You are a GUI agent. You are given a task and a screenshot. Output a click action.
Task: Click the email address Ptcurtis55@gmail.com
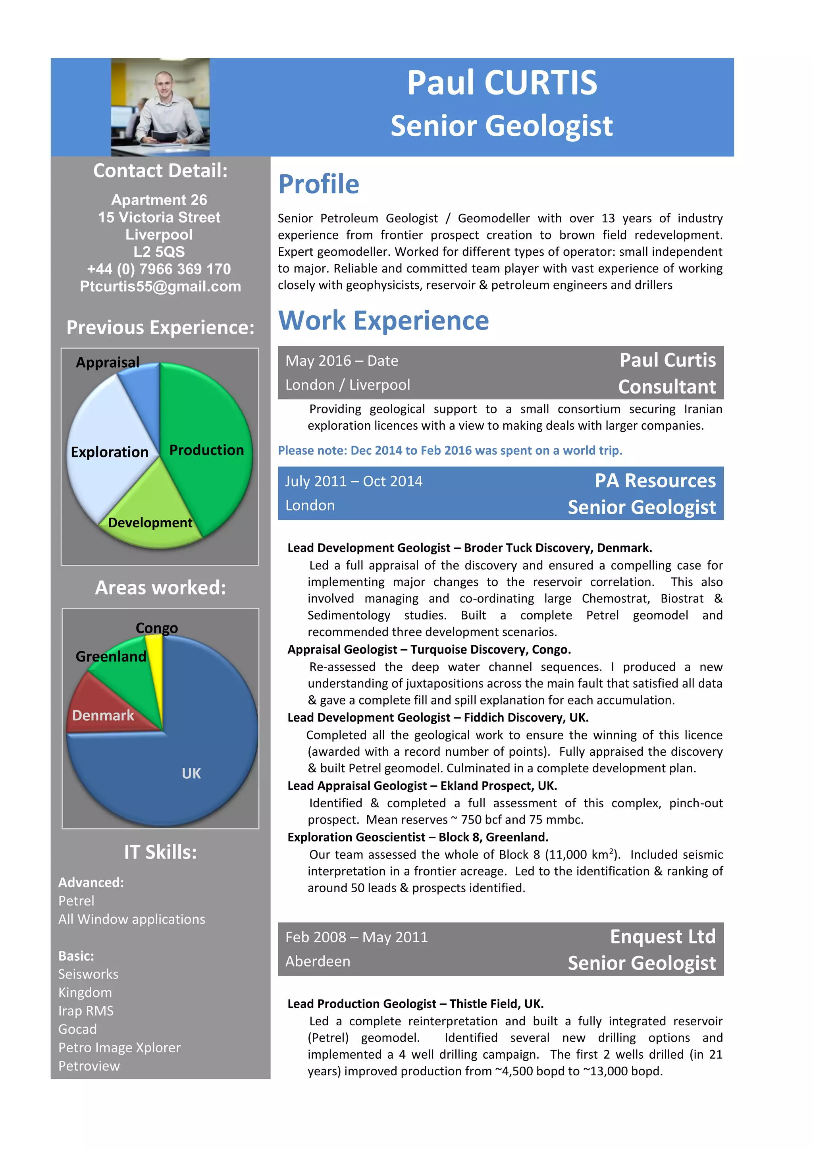[x=160, y=286]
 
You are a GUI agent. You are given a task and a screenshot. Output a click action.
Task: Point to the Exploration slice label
[x=110, y=452]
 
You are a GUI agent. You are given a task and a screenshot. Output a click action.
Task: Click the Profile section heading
[x=319, y=184]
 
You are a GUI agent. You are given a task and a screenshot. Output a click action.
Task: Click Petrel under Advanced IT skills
[x=76, y=901]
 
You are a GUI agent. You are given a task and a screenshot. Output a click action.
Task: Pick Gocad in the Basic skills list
[x=77, y=1029]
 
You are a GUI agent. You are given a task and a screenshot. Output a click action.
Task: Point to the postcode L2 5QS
[x=159, y=252]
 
